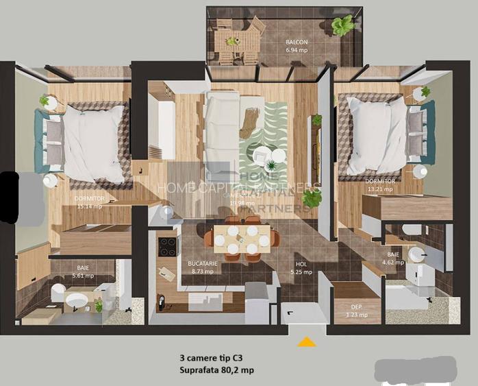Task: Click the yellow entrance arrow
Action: tap(307, 341)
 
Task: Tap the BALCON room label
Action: tap(297, 42)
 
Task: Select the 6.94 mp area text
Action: tap(297, 51)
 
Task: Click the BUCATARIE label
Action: tap(202, 263)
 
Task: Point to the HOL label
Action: tap(301, 263)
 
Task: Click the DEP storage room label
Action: tap(356, 307)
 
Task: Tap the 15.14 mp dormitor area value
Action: tap(89, 205)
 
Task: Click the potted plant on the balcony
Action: tap(342, 25)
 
